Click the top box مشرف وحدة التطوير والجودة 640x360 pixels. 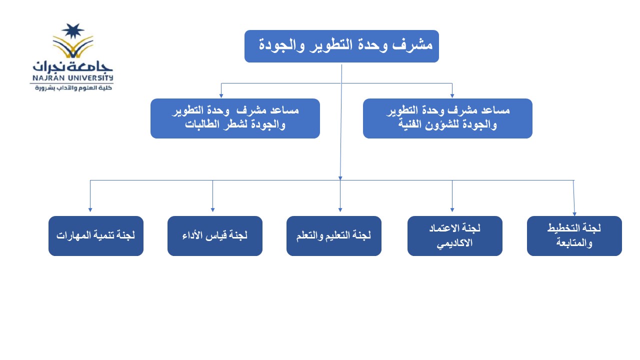tap(341, 46)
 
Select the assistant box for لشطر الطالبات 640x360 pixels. tap(235, 118)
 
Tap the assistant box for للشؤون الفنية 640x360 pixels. tap(447, 118)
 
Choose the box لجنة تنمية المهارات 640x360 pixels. tap(96, 235)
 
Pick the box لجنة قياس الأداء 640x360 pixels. tap(215, 235)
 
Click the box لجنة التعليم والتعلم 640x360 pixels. tap(334, 235)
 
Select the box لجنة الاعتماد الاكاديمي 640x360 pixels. tap(455, 235)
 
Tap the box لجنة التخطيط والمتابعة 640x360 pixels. tap(574, 235)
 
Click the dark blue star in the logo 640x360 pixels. tap(73, 31)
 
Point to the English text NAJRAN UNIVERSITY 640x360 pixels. tap(73, 77)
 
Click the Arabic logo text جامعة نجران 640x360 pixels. tap(72, 66)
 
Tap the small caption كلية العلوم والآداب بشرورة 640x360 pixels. tap(73, 87)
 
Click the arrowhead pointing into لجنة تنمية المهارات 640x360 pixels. tap(90, 210)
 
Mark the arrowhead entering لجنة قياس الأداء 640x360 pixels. tap(212, 210)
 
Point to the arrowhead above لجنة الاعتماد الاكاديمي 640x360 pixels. tap(452, 210)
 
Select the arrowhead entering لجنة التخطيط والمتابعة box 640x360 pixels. tap(574, 214)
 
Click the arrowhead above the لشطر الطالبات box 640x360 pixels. tap(221, 96)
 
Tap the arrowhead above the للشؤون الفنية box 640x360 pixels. tap(452, 96)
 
